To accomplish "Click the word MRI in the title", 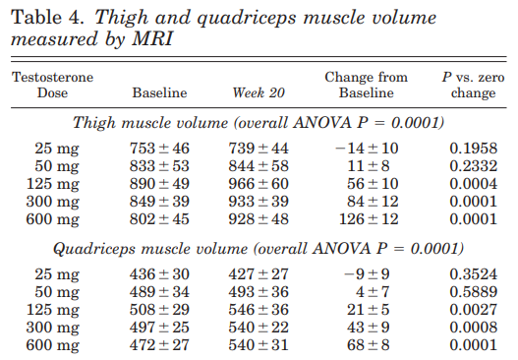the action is point(152,39).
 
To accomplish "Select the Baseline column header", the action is point(159,92).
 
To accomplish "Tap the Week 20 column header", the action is point(259,92).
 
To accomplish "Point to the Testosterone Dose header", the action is point(53,85).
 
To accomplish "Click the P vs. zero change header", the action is point(473,85).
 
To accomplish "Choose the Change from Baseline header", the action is point(366,85).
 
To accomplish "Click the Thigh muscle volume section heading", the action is point(259,123).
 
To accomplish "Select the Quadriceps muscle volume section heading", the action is point(259,249).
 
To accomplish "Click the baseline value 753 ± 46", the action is point(159,149).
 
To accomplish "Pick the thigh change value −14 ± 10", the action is point(367,149).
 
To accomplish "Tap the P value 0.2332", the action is point(473,166).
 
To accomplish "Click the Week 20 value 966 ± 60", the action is point(259,184).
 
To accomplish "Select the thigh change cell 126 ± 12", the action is point(369,219).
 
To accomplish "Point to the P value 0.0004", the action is point(473,184).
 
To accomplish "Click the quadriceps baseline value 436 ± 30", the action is point(159,274).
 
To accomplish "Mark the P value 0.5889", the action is point(473,292).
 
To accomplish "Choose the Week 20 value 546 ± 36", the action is point(259,310).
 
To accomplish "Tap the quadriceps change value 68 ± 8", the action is point(368,345).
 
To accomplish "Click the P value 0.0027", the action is point(473,310).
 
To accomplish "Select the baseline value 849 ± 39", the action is point(159,202).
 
